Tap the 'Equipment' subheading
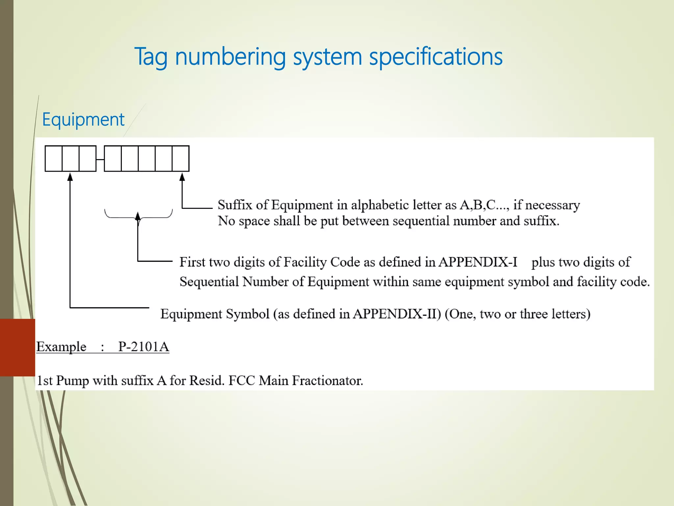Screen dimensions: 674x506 (83, 120)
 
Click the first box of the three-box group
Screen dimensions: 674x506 (54, 159)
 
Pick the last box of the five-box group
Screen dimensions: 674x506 (181, 159)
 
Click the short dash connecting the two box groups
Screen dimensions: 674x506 (100, 160)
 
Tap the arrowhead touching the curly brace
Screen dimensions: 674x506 (138, 216)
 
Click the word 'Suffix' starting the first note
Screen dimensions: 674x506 (235, 205)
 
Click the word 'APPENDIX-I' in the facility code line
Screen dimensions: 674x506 (478, 262)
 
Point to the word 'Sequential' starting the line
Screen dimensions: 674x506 (209, 282)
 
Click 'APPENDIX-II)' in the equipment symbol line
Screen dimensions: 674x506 (397, 314)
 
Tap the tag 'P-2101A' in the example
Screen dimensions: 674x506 (143, 347)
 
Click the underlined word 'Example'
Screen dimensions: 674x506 (61, 347)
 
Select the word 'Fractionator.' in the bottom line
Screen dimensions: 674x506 (327, 381)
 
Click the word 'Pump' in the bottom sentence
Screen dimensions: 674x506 (72, 381)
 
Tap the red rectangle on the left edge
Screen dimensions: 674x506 (17, 347)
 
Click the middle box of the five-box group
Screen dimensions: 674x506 (147, 159)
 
